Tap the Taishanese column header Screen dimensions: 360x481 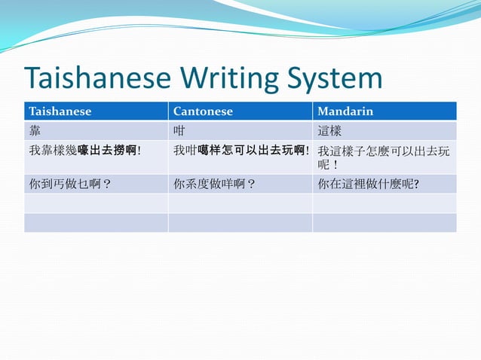60,111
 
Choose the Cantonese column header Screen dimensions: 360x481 204,111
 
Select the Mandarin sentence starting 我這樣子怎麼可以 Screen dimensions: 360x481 384,151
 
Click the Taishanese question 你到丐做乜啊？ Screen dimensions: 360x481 71,184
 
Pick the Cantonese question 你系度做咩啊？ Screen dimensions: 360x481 215,184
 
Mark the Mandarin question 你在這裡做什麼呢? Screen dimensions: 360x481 368,184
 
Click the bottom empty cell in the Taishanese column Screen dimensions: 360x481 96,223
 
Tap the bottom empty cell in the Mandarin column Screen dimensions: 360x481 384,223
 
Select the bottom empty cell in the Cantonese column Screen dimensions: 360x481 240,223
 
